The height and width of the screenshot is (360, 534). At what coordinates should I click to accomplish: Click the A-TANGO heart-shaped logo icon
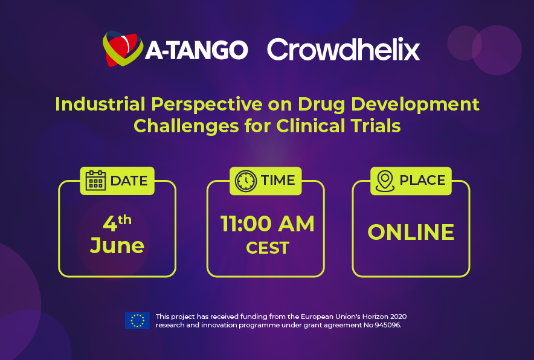point(123,49)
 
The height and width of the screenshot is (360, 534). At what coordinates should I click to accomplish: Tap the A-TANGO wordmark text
point(196,50)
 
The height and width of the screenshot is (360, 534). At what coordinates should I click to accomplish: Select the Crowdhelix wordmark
point(343,49)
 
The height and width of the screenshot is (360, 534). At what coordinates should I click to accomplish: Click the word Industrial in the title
point(100,104)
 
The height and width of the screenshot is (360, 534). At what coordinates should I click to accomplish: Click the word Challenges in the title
point(185,126)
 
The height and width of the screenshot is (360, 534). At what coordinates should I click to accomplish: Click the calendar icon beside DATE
point(95,181)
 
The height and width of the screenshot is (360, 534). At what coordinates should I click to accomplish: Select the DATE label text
point(129,181)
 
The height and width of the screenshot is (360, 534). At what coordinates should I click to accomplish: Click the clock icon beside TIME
point(245,181)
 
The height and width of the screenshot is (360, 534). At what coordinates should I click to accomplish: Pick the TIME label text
point(278,180)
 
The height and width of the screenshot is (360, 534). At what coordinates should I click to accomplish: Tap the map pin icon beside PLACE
point(385,181)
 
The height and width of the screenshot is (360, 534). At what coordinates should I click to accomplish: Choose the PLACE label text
point(422,180)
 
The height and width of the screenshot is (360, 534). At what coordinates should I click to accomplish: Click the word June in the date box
point(117,246)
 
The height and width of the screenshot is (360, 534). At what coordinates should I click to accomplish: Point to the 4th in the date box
point(117,223)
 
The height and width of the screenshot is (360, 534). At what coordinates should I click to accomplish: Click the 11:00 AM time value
point(268,223)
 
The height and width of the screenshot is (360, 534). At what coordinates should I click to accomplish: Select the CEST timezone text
point(268,248)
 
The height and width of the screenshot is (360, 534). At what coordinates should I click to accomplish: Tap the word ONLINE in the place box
point(411,233)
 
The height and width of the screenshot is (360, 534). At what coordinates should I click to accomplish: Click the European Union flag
point(137,321)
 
